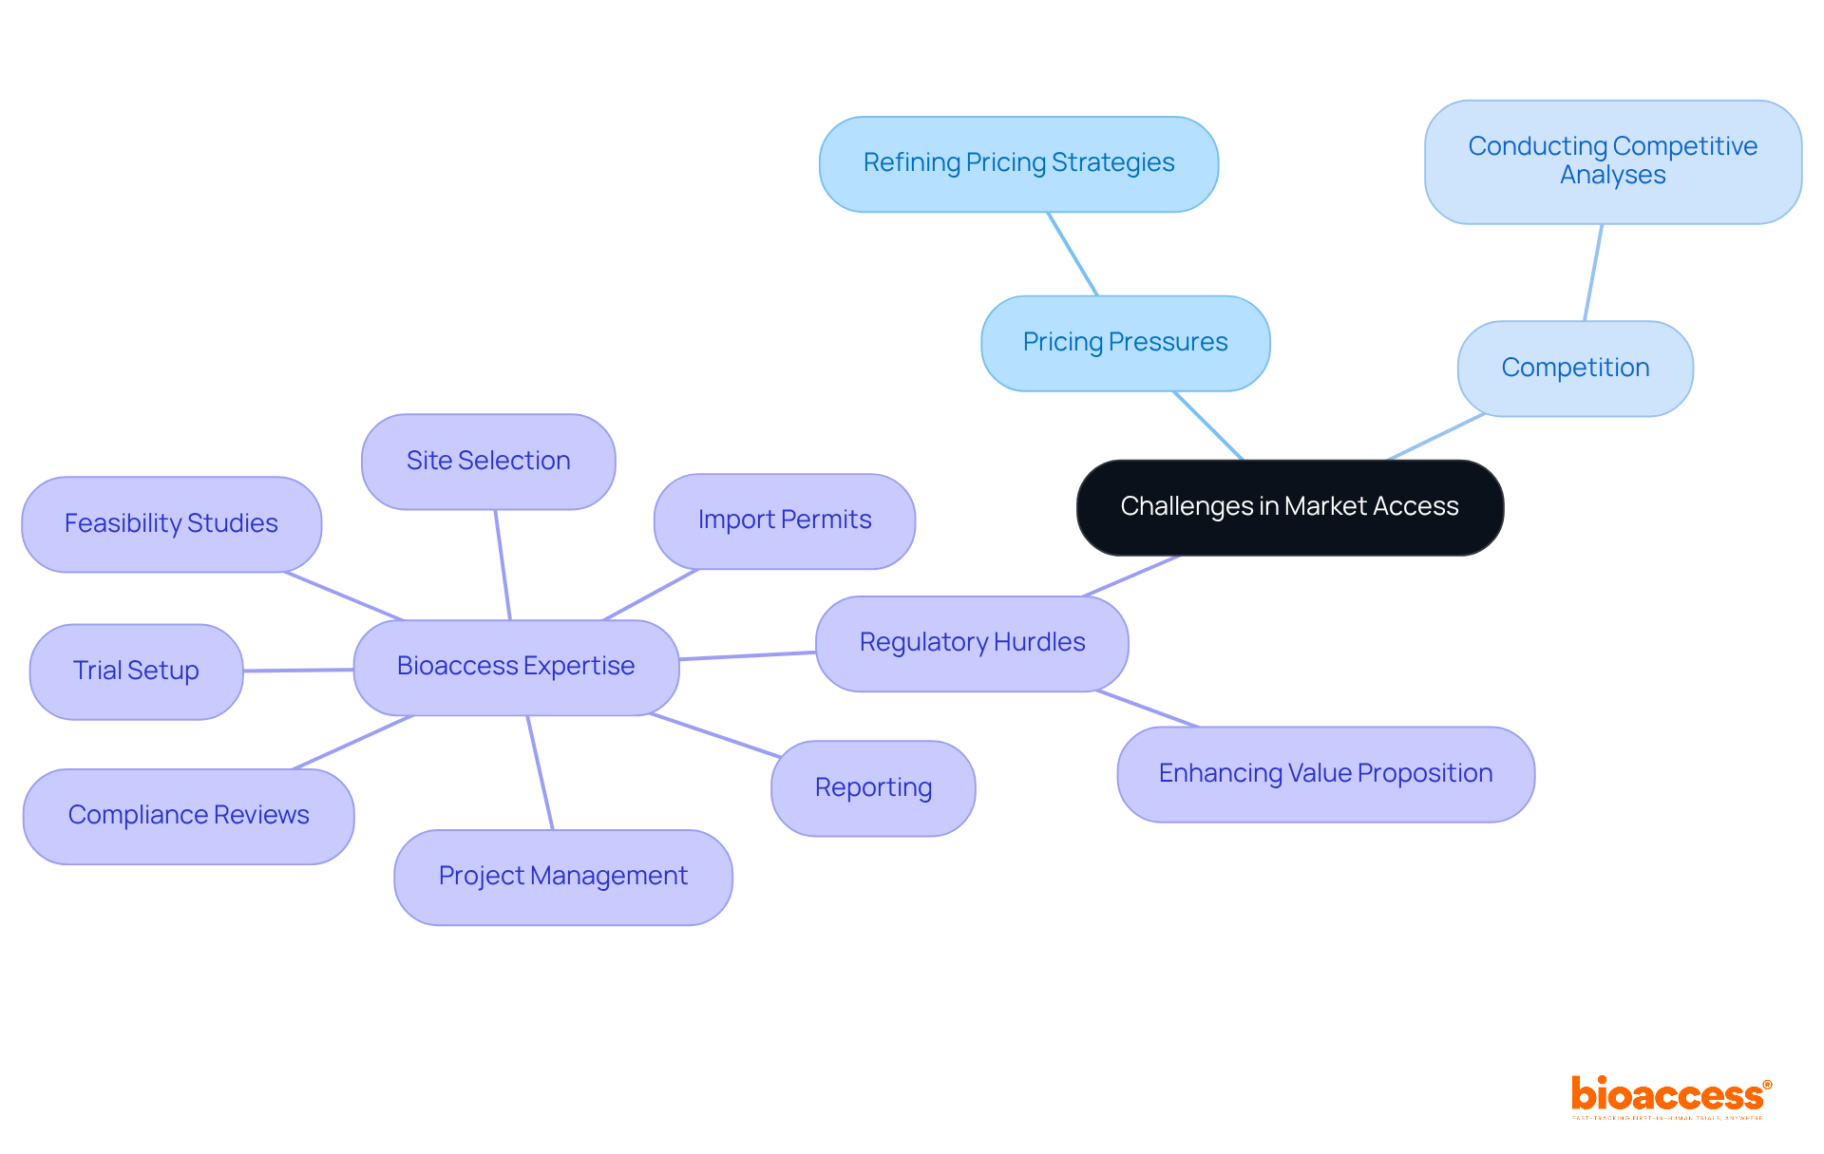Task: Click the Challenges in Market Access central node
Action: click(1289, 507)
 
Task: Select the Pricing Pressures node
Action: click(1125, 343)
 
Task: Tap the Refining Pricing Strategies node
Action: click(1018, 163)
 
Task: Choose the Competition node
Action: click(1574, 368)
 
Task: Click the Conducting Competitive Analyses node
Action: click(1612, 161)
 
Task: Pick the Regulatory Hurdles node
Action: click(972, 643)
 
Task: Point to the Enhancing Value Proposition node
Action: click(1325, 774)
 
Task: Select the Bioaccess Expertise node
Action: click(516, 667)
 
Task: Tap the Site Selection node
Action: click(488, 461)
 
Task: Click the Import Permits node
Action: click(784, 520)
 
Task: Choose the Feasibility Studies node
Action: click(171, 523)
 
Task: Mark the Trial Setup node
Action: click(136, 671)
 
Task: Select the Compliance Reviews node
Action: click(188, 816)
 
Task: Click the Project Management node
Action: click(562, 877)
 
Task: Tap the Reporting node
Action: click(873, 788)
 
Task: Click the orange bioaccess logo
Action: click(1670, 1096)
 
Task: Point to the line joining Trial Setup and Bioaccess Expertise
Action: click(298, 670)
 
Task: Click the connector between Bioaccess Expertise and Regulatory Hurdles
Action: click(748, 655)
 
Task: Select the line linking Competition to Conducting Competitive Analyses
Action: click(1593, 273)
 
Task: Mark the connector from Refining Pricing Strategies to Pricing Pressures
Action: click(1073, 254)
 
